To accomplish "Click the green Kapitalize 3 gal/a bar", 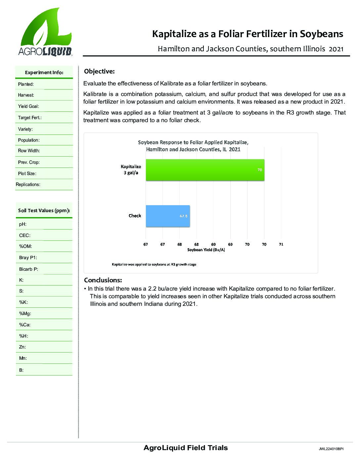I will [x=205, y=170].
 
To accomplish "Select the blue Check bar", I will [x=167, y=216].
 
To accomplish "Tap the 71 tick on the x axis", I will [x=281, y=244].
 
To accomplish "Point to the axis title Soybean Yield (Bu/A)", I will [x=206, y=250].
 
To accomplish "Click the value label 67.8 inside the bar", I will [x=184, y=216].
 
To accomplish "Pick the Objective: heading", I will [x=99, y=71].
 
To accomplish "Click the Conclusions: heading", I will [x=103, y=280].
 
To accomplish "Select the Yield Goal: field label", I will [x=28, y=107].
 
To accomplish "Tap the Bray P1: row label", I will [x=28, y=257].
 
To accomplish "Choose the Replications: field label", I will [x=28, y=184].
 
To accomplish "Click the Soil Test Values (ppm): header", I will [x=44, y=210].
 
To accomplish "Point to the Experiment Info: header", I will [x=44, y=72].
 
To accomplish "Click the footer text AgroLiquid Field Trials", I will [x=186, y=448].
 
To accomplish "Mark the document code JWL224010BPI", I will [x=331, y=449].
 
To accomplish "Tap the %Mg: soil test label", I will [x=25, y=313].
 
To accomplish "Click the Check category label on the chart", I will [x=135, y=216].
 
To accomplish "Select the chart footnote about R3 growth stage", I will [x=154, y=264].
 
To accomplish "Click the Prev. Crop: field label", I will [x=29, y=162].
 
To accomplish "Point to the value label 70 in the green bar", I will [x=260, y=170].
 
